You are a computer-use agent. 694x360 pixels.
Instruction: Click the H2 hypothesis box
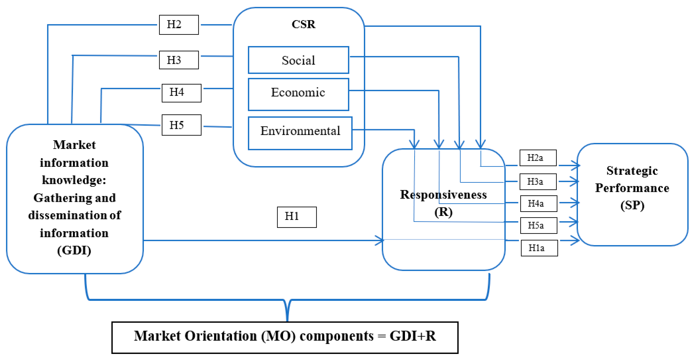[x=179, y=25]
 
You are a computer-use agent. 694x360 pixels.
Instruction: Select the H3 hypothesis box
[x=179, y=60]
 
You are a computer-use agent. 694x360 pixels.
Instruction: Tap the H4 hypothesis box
[x=181, y=93]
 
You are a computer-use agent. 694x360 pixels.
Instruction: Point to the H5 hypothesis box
[x=181, y=125]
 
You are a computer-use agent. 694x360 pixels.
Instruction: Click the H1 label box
[x=297, y=217]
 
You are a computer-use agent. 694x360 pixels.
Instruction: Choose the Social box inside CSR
[x=298, y=60]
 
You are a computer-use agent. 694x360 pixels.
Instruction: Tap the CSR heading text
[x=303, y=24]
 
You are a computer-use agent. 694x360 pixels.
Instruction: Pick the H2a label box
[x=538, y=158]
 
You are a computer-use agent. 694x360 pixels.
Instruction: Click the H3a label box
[x=538, y=182]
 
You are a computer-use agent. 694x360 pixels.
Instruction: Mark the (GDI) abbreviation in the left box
[x=74, y=251]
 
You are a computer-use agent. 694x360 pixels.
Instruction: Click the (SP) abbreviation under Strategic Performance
[x=632, y=206]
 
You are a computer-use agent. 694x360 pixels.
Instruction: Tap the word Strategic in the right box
[x=632, y=171]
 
